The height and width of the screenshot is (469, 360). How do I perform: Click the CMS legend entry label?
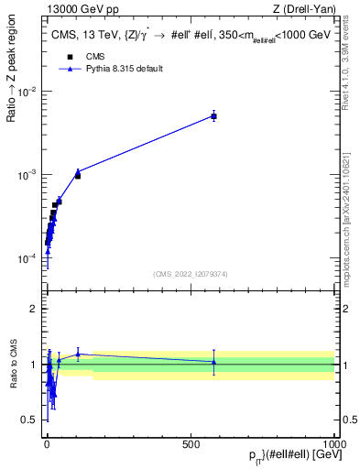pos(95,56)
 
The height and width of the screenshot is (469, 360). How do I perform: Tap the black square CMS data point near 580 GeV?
pos(213,116)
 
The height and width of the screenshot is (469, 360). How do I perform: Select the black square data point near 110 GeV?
pos(78,175)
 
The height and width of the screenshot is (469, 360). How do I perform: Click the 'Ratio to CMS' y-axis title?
pos(13,365)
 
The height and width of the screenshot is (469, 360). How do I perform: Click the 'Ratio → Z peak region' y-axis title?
pos(13,95)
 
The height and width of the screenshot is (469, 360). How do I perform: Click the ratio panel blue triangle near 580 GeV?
pos(213,362)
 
